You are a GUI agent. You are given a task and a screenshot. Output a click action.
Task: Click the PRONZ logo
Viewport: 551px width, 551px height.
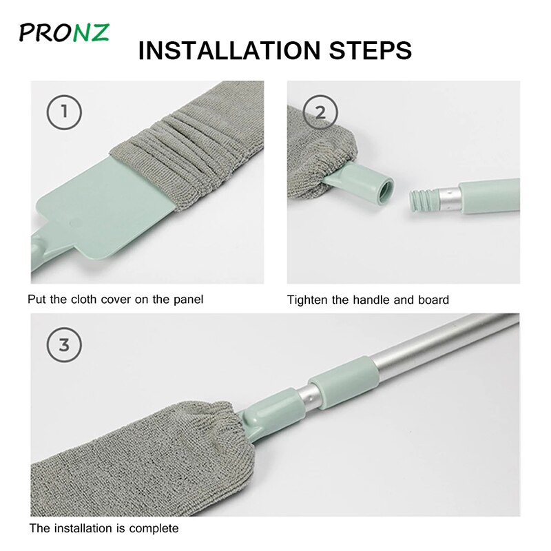63,32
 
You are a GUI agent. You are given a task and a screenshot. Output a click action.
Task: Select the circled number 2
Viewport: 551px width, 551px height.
320,112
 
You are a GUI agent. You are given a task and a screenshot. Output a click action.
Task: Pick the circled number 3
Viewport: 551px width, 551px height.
64,344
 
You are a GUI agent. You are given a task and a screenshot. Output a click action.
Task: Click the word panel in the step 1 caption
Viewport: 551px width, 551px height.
188,300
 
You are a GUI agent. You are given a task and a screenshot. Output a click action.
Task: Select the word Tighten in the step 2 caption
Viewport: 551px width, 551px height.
306,300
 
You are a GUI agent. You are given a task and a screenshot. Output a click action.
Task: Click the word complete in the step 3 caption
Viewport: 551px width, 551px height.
158,529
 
